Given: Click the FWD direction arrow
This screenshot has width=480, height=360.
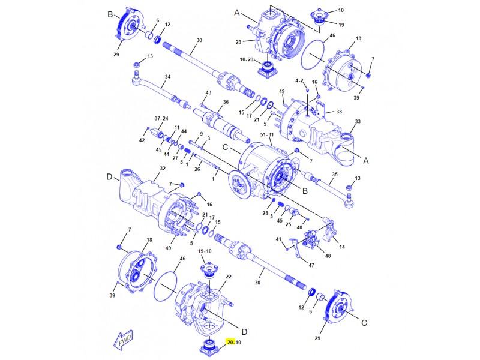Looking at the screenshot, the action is click(123, 340).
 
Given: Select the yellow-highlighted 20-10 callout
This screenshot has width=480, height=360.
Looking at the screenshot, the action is click(234, 342).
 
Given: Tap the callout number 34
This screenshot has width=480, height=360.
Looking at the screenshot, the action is click(167, 77).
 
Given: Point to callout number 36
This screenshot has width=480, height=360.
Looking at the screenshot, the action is click(226, 102).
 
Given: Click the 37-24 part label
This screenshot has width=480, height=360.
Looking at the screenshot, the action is click(161, 118).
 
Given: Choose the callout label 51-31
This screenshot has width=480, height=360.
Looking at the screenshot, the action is click(266, 134).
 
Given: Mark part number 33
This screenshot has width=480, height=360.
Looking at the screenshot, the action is click(358, 122).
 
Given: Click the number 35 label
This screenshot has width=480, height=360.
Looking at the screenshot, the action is click(335, 175).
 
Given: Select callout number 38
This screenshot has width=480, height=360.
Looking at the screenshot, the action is click(339, 112).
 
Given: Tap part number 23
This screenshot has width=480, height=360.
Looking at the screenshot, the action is click(238, 42).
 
